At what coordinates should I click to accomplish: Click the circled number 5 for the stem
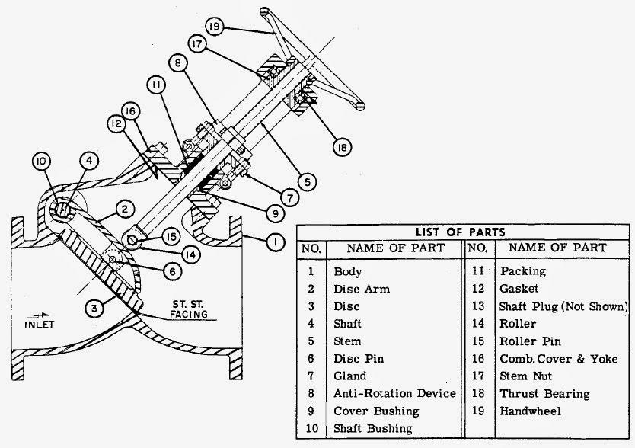306,182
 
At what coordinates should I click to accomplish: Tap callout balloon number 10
42,162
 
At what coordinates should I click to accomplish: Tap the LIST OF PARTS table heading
462,232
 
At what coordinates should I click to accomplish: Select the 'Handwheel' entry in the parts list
526,411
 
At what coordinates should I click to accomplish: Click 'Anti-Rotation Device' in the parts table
394,394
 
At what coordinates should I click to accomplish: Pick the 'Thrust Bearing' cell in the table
544,394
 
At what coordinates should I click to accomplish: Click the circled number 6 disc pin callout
174,270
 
